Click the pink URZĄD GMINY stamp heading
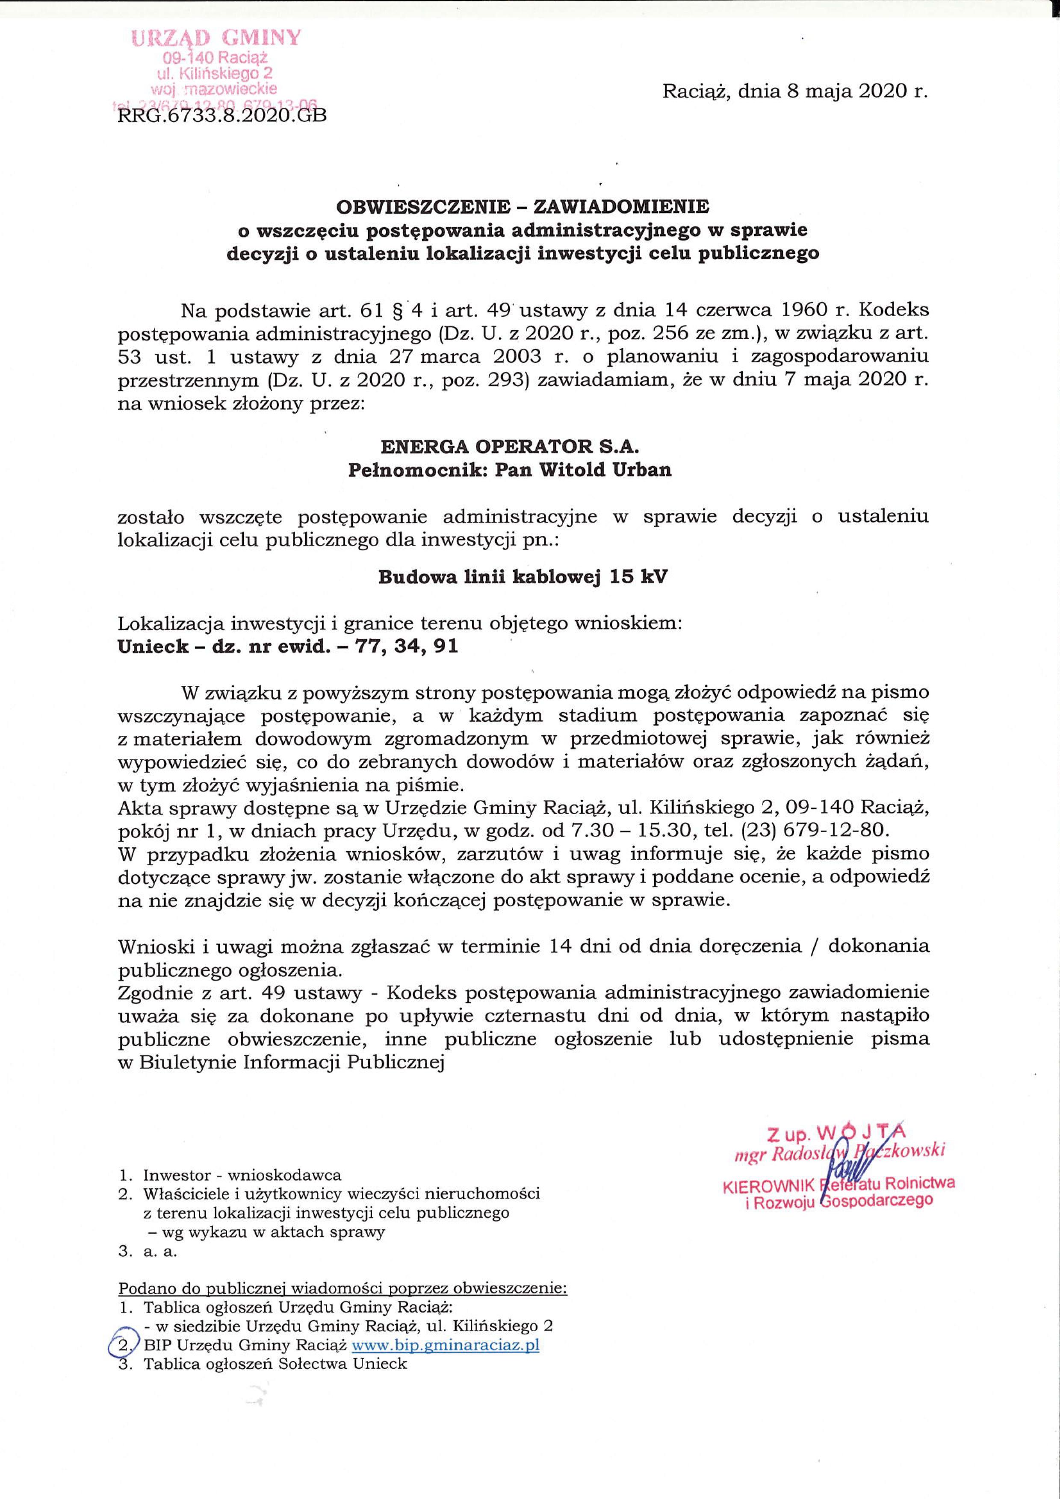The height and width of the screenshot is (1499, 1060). pyautogui.click(x=217, y=38)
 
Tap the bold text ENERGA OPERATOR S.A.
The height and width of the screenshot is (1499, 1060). pyautogui.click(x=509, y=447)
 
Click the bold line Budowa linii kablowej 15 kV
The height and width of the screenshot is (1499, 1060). pyautogui.click(x=523, y=577)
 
